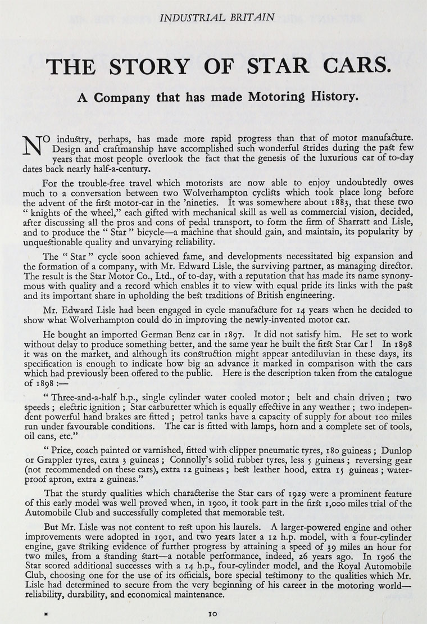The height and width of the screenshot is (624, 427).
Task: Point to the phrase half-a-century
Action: [119, 169]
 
